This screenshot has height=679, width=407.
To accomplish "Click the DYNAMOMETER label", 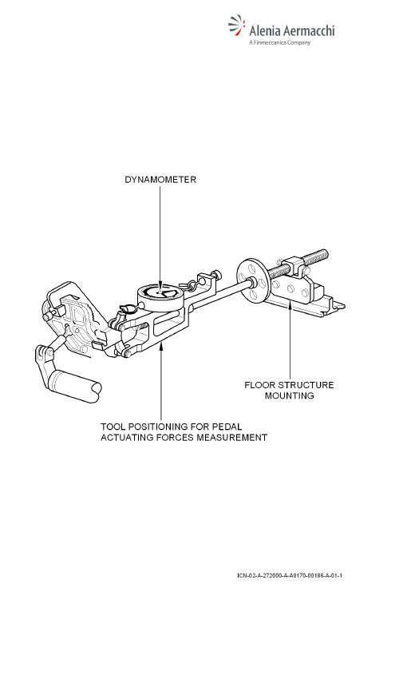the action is (160, 180).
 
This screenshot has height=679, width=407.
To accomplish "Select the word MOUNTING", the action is (290, 395).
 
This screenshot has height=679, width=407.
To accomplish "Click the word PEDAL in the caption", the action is (227, 427).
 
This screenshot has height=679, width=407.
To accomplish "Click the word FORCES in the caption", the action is (174, 438).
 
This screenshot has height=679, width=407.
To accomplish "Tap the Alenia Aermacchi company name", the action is (292, 30).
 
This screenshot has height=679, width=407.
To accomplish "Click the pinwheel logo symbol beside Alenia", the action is (236, 25).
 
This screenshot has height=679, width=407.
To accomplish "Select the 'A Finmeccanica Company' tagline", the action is (280, 43).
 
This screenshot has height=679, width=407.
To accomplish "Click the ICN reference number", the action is (290, 575).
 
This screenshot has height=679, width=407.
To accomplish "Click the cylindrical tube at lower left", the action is (75, 384).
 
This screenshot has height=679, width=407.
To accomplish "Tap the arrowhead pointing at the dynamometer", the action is (160, 285).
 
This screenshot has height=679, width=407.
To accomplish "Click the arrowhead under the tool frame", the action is (161, 345).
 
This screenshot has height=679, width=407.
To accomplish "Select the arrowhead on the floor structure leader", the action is (290, 304).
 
